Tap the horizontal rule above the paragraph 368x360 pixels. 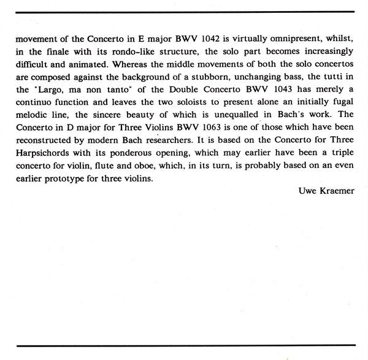[184, 10]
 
